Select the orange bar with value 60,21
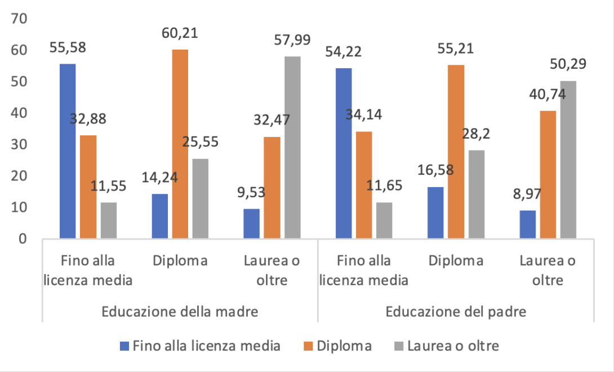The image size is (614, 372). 180,144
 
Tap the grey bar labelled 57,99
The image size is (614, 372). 292,147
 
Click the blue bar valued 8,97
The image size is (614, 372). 528,224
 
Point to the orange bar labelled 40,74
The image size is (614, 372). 548,174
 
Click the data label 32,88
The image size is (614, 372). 88,119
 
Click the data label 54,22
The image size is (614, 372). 344,52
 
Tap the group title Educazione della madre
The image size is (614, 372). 180,312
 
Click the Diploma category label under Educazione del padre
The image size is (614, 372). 456,261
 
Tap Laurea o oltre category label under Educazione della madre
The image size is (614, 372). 272,270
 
